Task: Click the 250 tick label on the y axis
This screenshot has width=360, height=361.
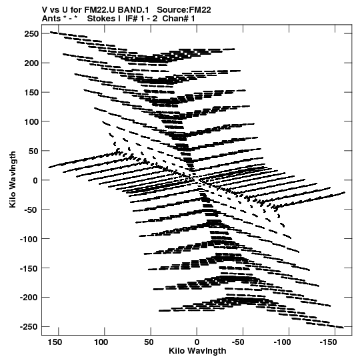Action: (31, 34)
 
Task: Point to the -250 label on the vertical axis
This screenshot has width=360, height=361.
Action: (29, 327)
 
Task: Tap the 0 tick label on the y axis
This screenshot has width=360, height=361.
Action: (35, 180)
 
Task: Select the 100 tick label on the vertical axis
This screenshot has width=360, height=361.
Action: (31, 122)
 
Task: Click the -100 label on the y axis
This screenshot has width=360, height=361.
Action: (29, 239)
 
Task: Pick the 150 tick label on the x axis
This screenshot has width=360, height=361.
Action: (55, 342)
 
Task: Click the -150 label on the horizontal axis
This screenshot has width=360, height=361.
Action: (328, 342)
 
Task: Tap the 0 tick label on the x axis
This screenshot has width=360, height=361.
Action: (197, 342)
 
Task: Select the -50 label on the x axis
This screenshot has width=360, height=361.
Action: (238, 342)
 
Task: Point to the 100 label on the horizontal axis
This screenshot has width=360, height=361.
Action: (101, 342)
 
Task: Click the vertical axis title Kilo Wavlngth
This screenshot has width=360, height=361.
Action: (13, 179)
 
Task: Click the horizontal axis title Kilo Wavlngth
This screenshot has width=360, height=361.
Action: (197, 351)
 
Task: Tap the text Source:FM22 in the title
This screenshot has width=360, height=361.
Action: (184, 10)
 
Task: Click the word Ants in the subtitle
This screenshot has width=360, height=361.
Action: (51, 19)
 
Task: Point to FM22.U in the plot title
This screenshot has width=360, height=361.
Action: (100, 10)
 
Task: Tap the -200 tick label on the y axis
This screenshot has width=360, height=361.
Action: (29, 298)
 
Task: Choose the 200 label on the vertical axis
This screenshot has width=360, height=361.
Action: (31, 63)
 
